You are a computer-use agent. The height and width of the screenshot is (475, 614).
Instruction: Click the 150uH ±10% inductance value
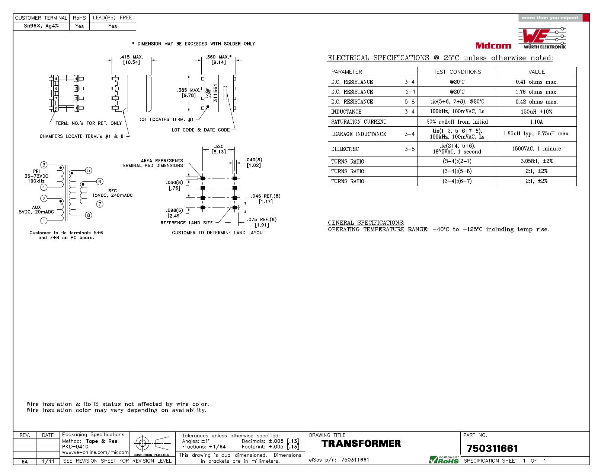[x=536, y=112]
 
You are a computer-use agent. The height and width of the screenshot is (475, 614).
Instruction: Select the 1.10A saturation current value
[x=536, y=122]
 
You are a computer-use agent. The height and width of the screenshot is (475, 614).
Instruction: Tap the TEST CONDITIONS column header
[x=457, y=72]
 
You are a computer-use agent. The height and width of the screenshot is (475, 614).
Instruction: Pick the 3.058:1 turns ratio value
[x=536, y=161]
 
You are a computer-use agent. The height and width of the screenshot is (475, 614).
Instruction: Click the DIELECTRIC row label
[x=345, y=149]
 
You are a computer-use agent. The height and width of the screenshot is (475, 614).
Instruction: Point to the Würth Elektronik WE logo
[x=542, y=38]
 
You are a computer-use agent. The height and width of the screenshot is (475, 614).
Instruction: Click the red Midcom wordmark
[x=493, y=45]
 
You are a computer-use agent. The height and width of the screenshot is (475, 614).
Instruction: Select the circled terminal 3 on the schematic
[x=44, y=165]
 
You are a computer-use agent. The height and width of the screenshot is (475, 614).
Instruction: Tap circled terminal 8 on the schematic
[x=89, y=215]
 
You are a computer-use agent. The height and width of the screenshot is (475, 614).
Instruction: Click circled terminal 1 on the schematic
[x=44, y=221]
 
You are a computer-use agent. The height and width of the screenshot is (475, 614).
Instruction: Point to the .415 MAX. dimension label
[x=131, y=57]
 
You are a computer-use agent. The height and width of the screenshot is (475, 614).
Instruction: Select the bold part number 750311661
[x=492, y=449]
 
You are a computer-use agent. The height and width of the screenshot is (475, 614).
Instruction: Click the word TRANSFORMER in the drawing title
[x=361, y=443]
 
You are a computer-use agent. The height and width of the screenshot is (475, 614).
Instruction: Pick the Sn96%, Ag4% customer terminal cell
[x=41, y=26]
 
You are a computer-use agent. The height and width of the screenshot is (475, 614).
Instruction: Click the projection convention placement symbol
[x=152, y=443]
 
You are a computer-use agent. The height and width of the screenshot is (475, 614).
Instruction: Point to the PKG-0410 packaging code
[x=75, y=446]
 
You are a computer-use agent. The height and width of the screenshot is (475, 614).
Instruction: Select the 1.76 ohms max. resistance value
[x=536, y=92]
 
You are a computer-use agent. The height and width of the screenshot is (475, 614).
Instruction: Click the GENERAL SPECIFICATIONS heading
[x=366, y=223]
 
